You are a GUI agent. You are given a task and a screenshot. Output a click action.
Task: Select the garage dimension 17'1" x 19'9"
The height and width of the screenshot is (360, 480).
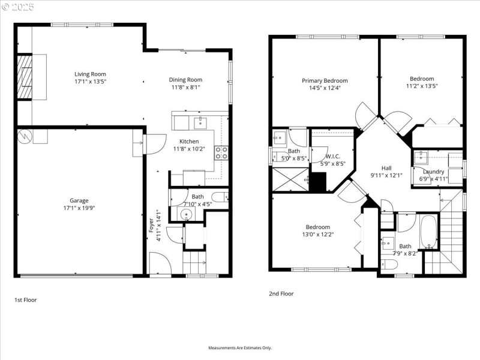[79, 208]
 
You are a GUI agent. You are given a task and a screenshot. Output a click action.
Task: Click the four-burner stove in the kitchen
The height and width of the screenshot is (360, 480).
[221, 153]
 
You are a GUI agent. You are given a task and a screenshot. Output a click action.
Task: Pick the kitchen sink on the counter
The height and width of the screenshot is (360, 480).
[200, 123]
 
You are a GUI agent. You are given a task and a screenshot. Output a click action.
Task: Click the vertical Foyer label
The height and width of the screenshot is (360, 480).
[151, 224]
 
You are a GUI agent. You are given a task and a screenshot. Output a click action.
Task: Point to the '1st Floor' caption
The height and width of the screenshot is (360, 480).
[26, 299]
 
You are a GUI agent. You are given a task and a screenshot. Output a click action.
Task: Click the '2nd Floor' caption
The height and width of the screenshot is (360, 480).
[281, 294]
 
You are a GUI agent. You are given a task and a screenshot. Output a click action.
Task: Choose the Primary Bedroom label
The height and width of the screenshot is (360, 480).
[324, 80]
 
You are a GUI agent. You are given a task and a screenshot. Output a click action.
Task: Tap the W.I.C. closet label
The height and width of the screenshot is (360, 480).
[333, 156]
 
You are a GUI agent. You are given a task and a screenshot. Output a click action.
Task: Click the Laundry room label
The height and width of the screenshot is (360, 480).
[434, 172]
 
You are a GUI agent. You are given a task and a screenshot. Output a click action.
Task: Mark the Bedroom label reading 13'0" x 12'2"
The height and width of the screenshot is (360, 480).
[317, 227]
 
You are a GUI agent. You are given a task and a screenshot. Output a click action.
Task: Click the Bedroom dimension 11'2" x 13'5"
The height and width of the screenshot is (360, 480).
[422, 86]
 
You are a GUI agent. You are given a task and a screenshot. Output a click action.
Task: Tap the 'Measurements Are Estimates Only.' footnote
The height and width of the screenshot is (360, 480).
[240, 347]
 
